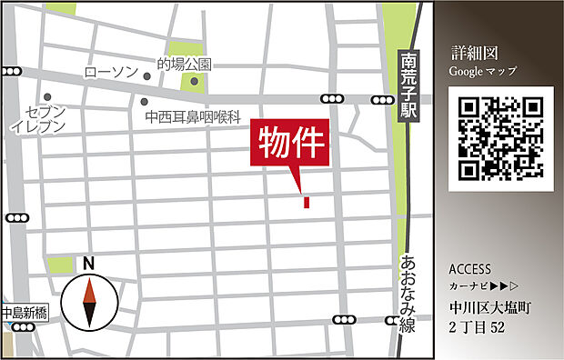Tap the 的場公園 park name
point(184,65)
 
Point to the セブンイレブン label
point(38,118)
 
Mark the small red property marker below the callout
point(307,201)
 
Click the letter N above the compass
point(88,263)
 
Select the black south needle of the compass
point(89,315)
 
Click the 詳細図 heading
point(474,53)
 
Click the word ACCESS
point(469,270)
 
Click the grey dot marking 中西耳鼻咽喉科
point(145,101)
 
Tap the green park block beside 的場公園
point(192,83)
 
